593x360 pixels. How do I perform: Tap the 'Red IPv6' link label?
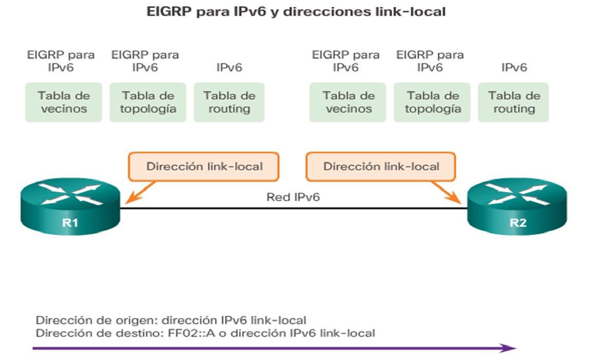coord(293,196)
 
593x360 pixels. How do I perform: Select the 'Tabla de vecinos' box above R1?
coord(63,102)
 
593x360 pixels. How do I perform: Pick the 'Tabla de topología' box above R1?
coord(148,102)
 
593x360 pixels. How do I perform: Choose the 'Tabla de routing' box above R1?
coord(229,102)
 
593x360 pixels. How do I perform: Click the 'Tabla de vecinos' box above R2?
coord(348,102)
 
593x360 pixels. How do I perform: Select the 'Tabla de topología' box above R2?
coord(433,102)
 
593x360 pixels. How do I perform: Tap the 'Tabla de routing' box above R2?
coord(514,102)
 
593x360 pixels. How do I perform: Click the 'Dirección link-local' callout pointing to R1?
coord(204,167)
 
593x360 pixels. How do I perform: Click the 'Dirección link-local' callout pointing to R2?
coord(381,167)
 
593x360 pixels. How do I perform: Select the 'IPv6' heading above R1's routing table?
coord(229,67)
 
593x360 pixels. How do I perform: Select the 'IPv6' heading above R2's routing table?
coord(514,67)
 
